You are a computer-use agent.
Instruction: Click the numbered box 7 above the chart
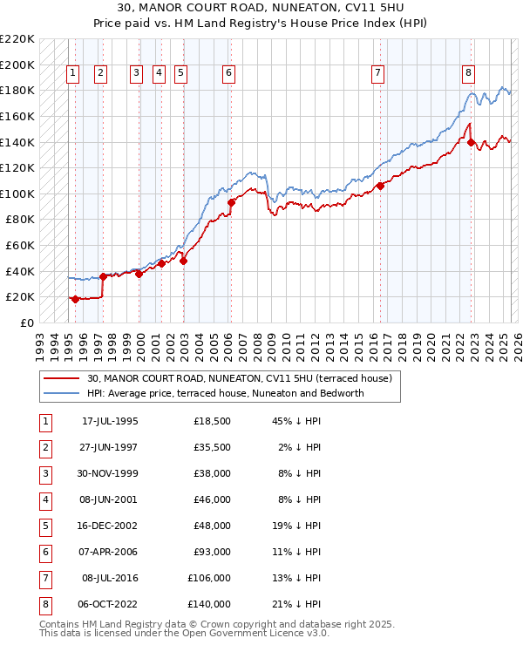tap(377, 73)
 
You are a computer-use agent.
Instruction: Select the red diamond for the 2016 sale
tap(381, 186)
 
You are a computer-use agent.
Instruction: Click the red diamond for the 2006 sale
tap(231, 202)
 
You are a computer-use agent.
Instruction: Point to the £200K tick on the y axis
tap(17, 64)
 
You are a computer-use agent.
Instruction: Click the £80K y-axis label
tap(20, 220)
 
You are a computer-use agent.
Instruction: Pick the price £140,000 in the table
tap(209, 603)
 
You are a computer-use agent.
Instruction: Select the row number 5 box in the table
tap(45, 526)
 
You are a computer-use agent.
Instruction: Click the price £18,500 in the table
tap(212, 421)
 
